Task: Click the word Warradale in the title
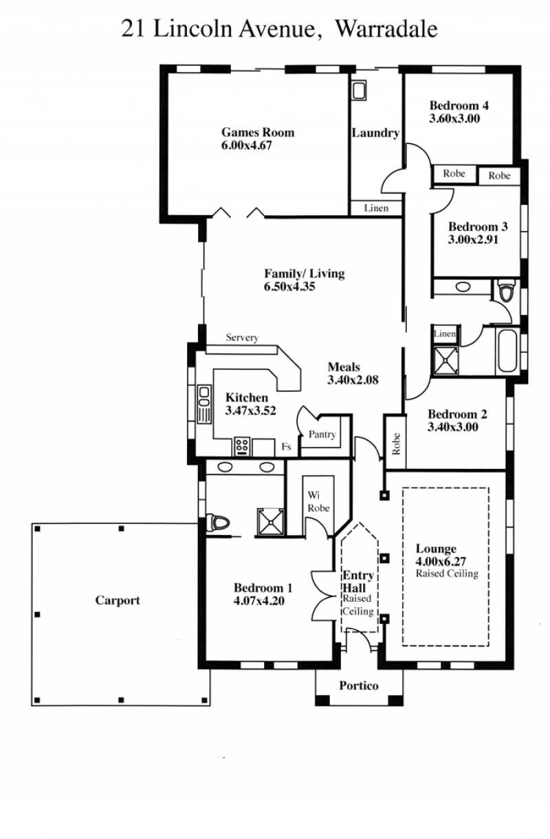(x=386, y=29)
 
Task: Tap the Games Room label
(x=258, y=132)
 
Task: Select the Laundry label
(x=375, y=133)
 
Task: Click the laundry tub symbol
(x=359, y=91)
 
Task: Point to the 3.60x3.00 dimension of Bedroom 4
(x=454, y=119)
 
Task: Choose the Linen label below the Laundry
(x=376, y=208)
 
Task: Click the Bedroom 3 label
(x=478, y=227)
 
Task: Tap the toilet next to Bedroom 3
(x=506, y=290)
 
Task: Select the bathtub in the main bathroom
(x=507, y=350)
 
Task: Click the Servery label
(x=242, y=338)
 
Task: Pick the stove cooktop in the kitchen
(x=242, y=446)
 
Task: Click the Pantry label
(x=322, y=435)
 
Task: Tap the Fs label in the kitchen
(x=286, y=446)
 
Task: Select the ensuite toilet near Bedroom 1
(x=217, y=522)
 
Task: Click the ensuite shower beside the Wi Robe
(x=270, y=522)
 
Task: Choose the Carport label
(x=117, y=600)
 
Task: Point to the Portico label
(x=359, y=686)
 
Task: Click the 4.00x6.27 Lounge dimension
(x=441, y=561)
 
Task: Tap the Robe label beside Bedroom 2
(x=396, y=444)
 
